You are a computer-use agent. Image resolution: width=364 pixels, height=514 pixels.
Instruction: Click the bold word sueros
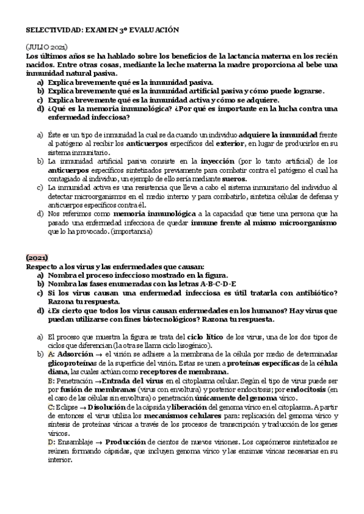pyautogui.click(x=234, y=179)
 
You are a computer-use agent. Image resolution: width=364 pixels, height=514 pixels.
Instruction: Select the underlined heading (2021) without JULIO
pyautogui.click(x=37, y=258)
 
